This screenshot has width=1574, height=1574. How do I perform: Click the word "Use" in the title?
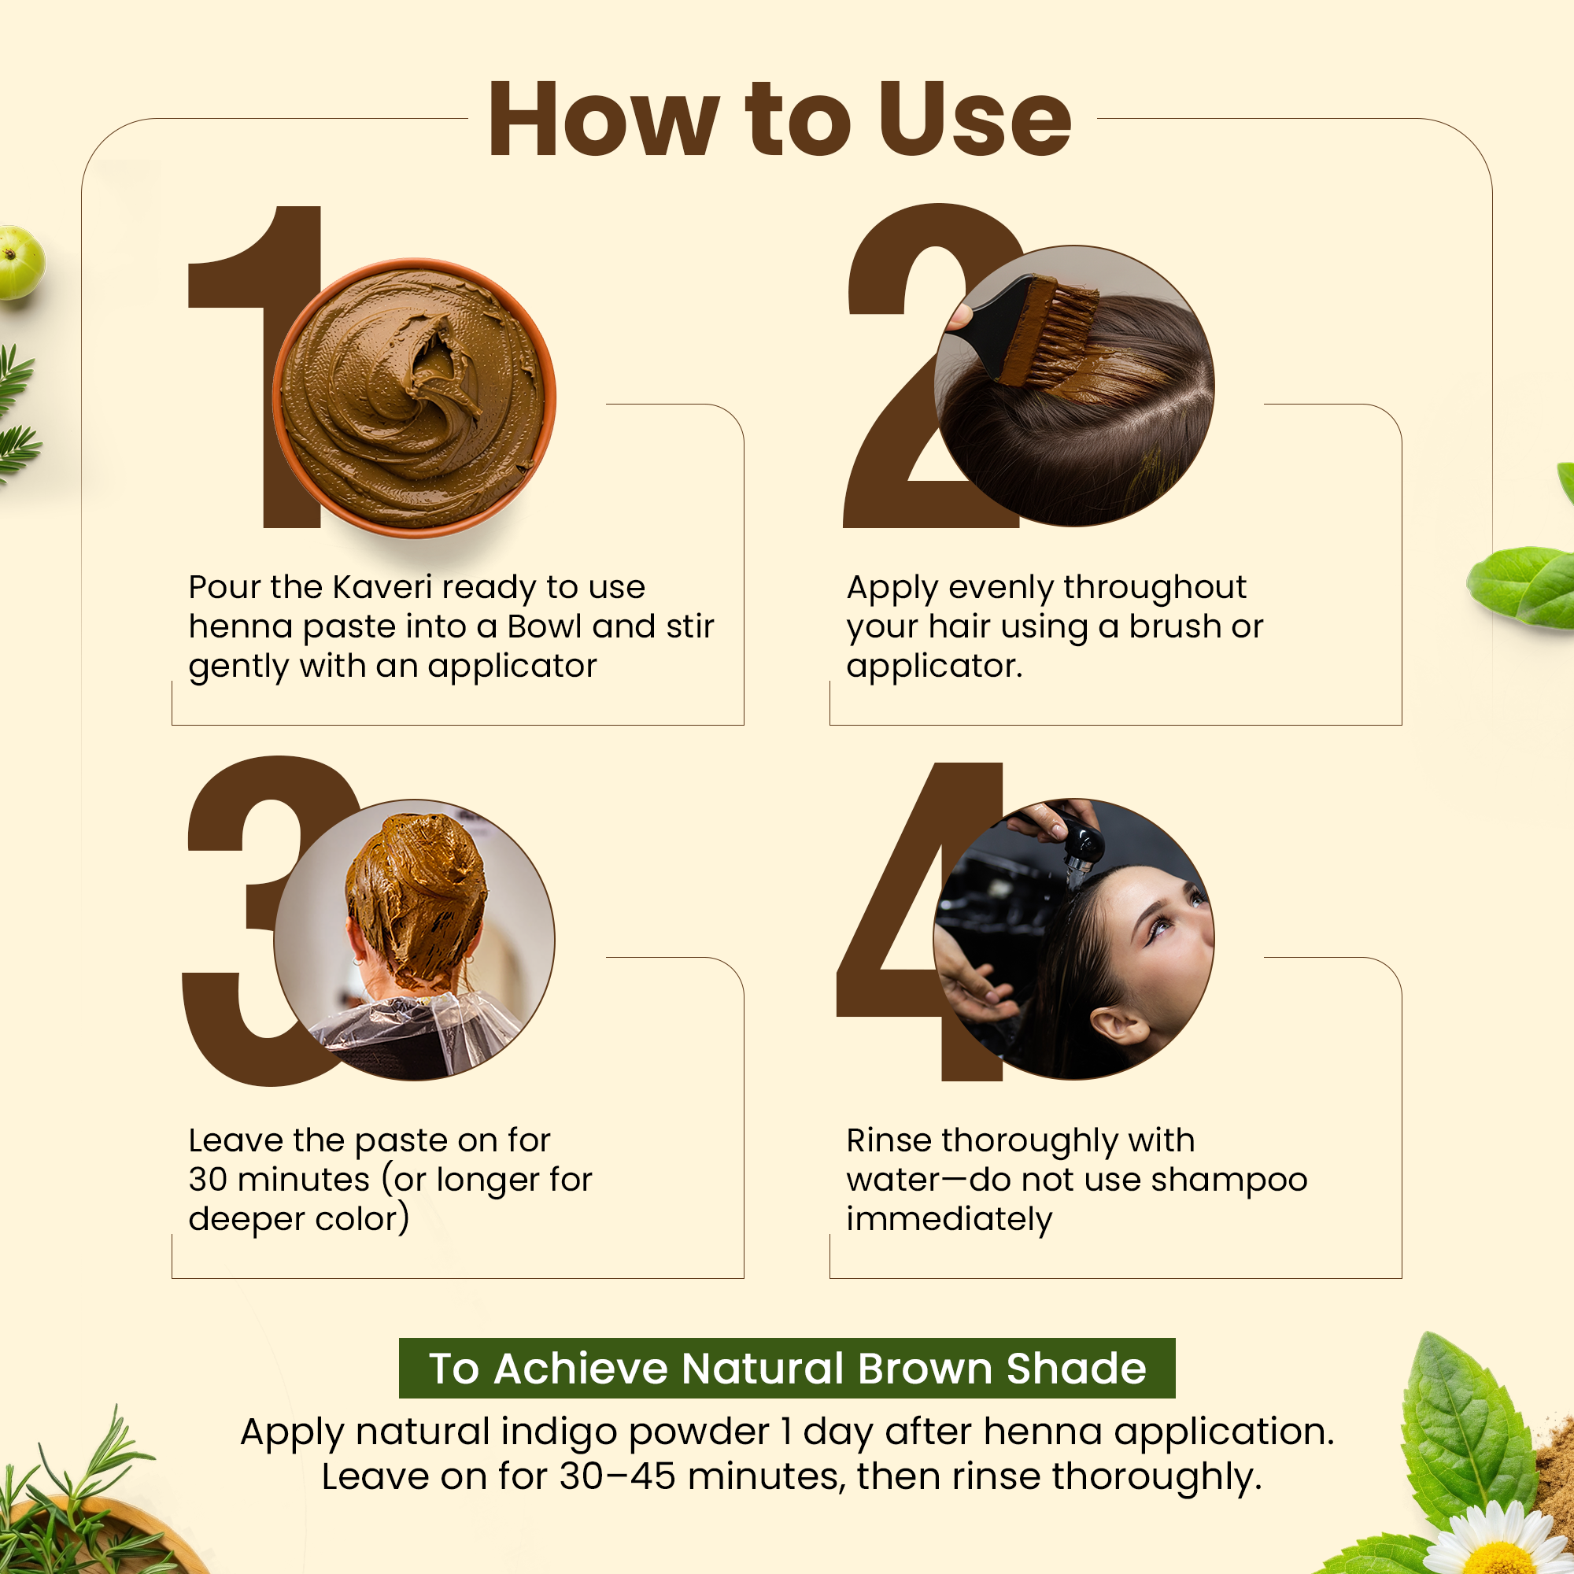tap(974, 119)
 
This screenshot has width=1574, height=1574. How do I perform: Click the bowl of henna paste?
tap(414, 398)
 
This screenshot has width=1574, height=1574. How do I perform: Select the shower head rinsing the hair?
tap(1080, 848)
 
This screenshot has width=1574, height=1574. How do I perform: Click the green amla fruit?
tap(20, 262)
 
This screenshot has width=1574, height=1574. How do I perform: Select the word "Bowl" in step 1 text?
tap(545, 626)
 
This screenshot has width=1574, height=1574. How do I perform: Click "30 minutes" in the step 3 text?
tap(279, 1180)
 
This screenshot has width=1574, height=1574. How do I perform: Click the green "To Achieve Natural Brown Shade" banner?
tap(787, 1368)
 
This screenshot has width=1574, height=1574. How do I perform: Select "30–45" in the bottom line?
tap(618, 1476)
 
